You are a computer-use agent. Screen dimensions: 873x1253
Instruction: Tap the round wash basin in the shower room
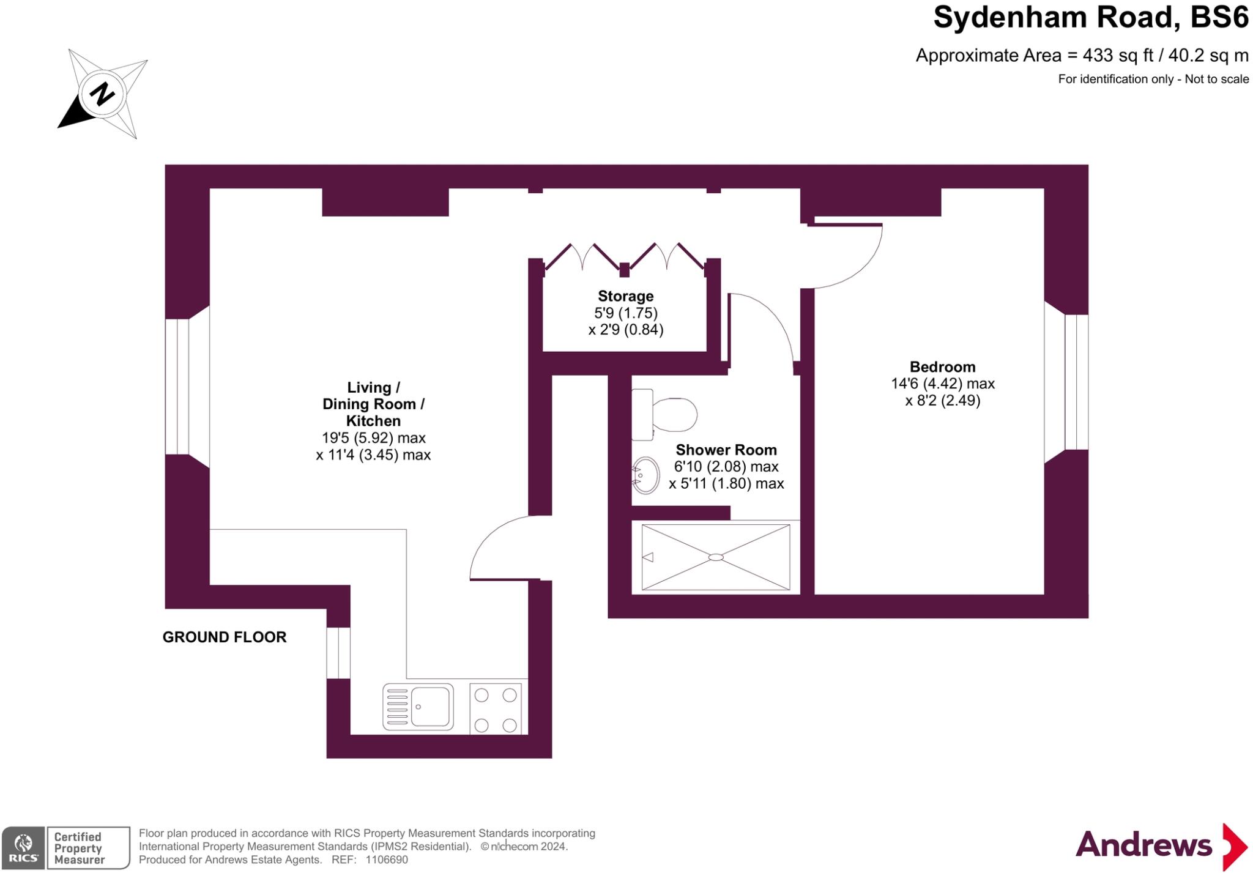pos(646,475)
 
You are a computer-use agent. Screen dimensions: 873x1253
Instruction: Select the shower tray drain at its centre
pos(716,557)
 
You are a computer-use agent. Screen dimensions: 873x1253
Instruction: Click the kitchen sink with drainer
pos(418,707)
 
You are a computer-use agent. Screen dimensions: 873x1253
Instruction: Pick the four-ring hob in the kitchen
pos(496,709)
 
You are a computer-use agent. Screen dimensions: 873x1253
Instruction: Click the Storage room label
pos(625,296)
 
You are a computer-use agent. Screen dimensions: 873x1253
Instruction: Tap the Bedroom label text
pos(942,367)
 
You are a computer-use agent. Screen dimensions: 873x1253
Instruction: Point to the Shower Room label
pos(726,450)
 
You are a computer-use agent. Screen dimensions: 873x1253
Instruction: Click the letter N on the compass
pos(102,94)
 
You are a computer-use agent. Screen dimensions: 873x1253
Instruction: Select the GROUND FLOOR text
pos(224,637)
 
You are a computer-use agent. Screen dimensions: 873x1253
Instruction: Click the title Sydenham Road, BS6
pos(1090,18)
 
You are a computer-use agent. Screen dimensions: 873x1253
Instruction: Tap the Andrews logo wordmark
pos(1143,845)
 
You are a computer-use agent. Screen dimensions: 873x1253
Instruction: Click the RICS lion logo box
pos(23,847)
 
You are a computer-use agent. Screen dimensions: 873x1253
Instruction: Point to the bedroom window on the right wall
pos(1076,382)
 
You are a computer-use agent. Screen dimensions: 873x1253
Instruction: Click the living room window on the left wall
pos(177,387)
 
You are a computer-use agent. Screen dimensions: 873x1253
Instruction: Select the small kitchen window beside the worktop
pos(338,653)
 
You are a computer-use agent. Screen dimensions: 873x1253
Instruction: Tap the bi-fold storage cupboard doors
pos(624,257)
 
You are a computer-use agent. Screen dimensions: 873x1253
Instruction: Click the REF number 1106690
pos(386,860)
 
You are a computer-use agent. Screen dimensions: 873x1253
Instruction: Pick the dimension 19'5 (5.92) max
pos(373,438)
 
